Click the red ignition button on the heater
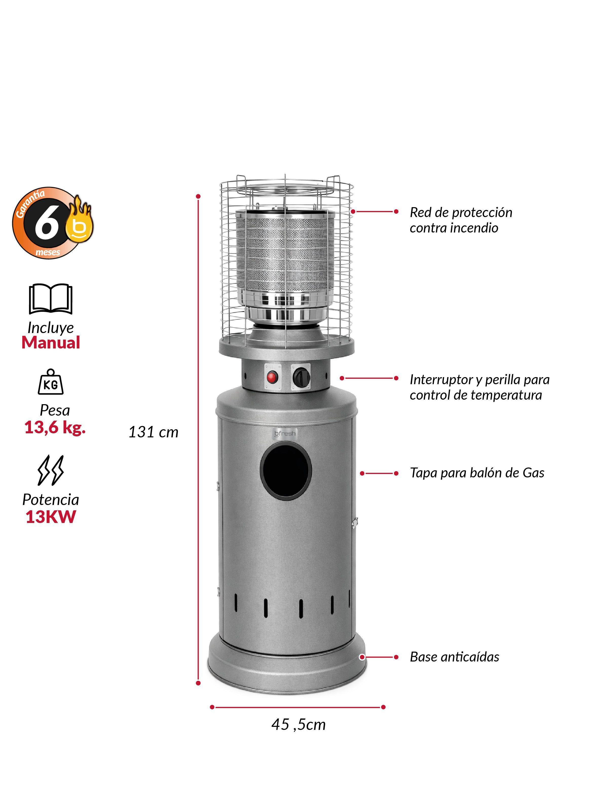click(x=273, y=377)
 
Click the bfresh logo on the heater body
click(x=285, y=434)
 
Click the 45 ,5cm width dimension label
click(x=298, y=724)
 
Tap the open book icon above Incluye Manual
click(x=50, y=299)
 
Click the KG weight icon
click(x=51, y=382)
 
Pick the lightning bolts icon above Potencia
click(x=51, y=470)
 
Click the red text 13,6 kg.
click(x=55, y=427)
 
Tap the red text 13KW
click(x=51, y=517)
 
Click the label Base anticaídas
click(x=454, y=657)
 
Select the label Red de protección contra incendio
click(x=461, y=220)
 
